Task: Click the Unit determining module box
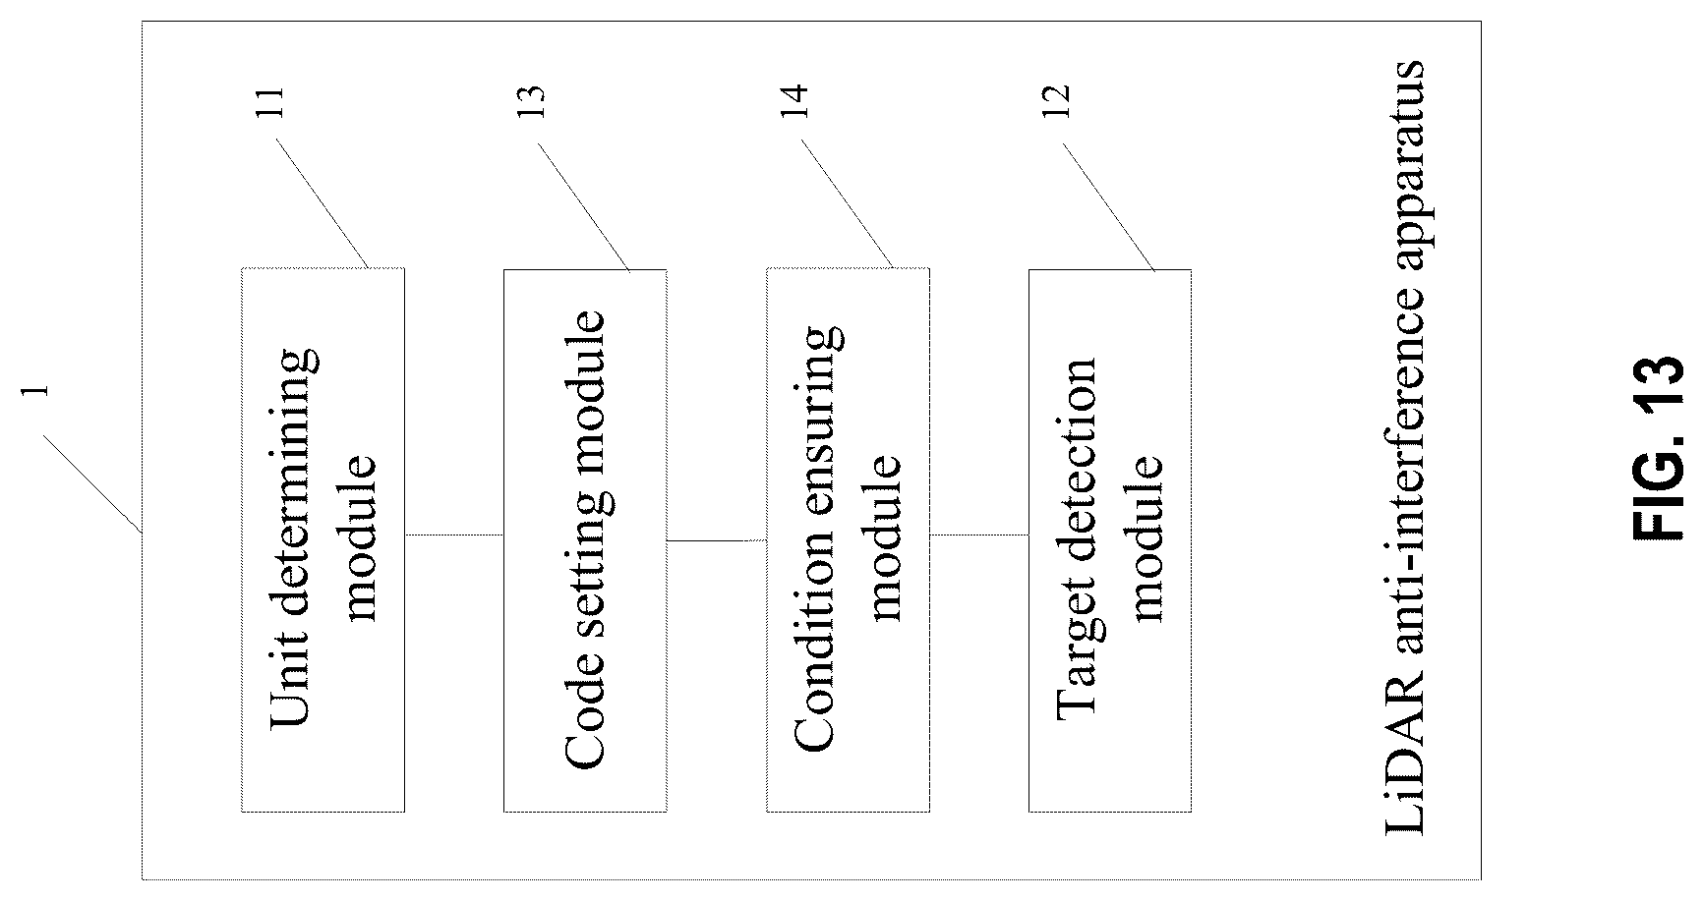(323, 539)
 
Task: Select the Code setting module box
(585, 540)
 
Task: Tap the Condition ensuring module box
(848, 539)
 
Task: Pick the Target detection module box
(1110, 540)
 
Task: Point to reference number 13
(531, 102)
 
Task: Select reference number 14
(793, 102)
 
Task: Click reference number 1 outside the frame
(37, 391)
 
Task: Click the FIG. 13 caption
(1659, 447)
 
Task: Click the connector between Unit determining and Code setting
(454, 535)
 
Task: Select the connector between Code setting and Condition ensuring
(717, 540)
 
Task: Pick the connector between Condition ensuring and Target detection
(979, 535)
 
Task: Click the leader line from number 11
(323, 203)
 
